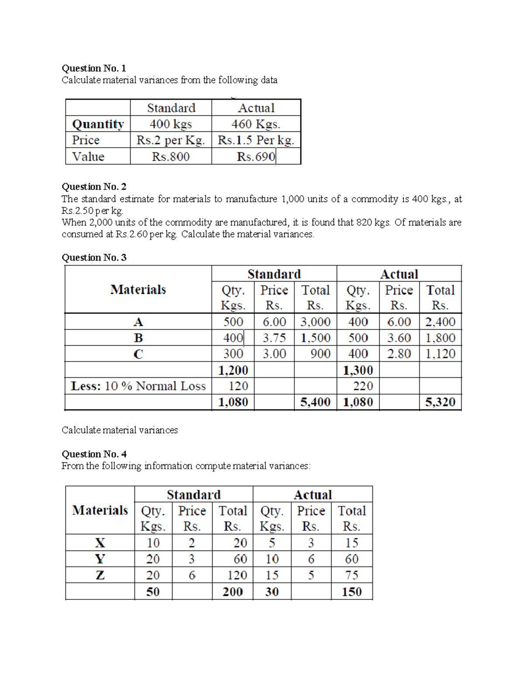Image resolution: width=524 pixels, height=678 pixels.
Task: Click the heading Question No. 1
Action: click(94, 68)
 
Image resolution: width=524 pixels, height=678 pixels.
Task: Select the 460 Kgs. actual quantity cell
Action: click(256, 124)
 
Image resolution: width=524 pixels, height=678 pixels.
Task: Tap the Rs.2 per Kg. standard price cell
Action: click(171, 140)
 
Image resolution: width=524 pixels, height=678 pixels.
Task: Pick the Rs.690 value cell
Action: click(256, 156)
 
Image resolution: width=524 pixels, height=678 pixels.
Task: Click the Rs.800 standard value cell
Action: click(171, 156)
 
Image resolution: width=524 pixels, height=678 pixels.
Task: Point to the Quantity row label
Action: click(98, 124)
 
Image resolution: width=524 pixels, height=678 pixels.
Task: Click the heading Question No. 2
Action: click(94, 186)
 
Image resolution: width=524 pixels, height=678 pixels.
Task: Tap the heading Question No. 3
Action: click(94, 257)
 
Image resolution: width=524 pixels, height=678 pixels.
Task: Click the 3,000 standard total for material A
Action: click(315, 322)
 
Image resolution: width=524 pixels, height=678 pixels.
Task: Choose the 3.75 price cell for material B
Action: click(274, 338)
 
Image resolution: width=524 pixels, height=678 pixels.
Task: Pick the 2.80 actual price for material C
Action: click(399, 354)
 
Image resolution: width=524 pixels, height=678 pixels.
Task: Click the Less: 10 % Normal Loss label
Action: click(138, 386)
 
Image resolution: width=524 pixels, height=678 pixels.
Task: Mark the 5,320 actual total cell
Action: click(440, 402)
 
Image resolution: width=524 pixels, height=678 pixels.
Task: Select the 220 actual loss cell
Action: click(363, 386)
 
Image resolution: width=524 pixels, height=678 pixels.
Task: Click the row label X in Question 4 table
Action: click(100, 543)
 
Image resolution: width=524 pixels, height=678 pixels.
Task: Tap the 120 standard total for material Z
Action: click(237, 575)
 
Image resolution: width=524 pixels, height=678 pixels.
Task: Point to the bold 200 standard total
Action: click(232, 592)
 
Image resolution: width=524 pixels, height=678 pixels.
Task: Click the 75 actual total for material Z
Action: click(352, 575)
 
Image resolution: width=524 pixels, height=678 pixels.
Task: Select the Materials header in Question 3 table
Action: click(138, 289)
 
